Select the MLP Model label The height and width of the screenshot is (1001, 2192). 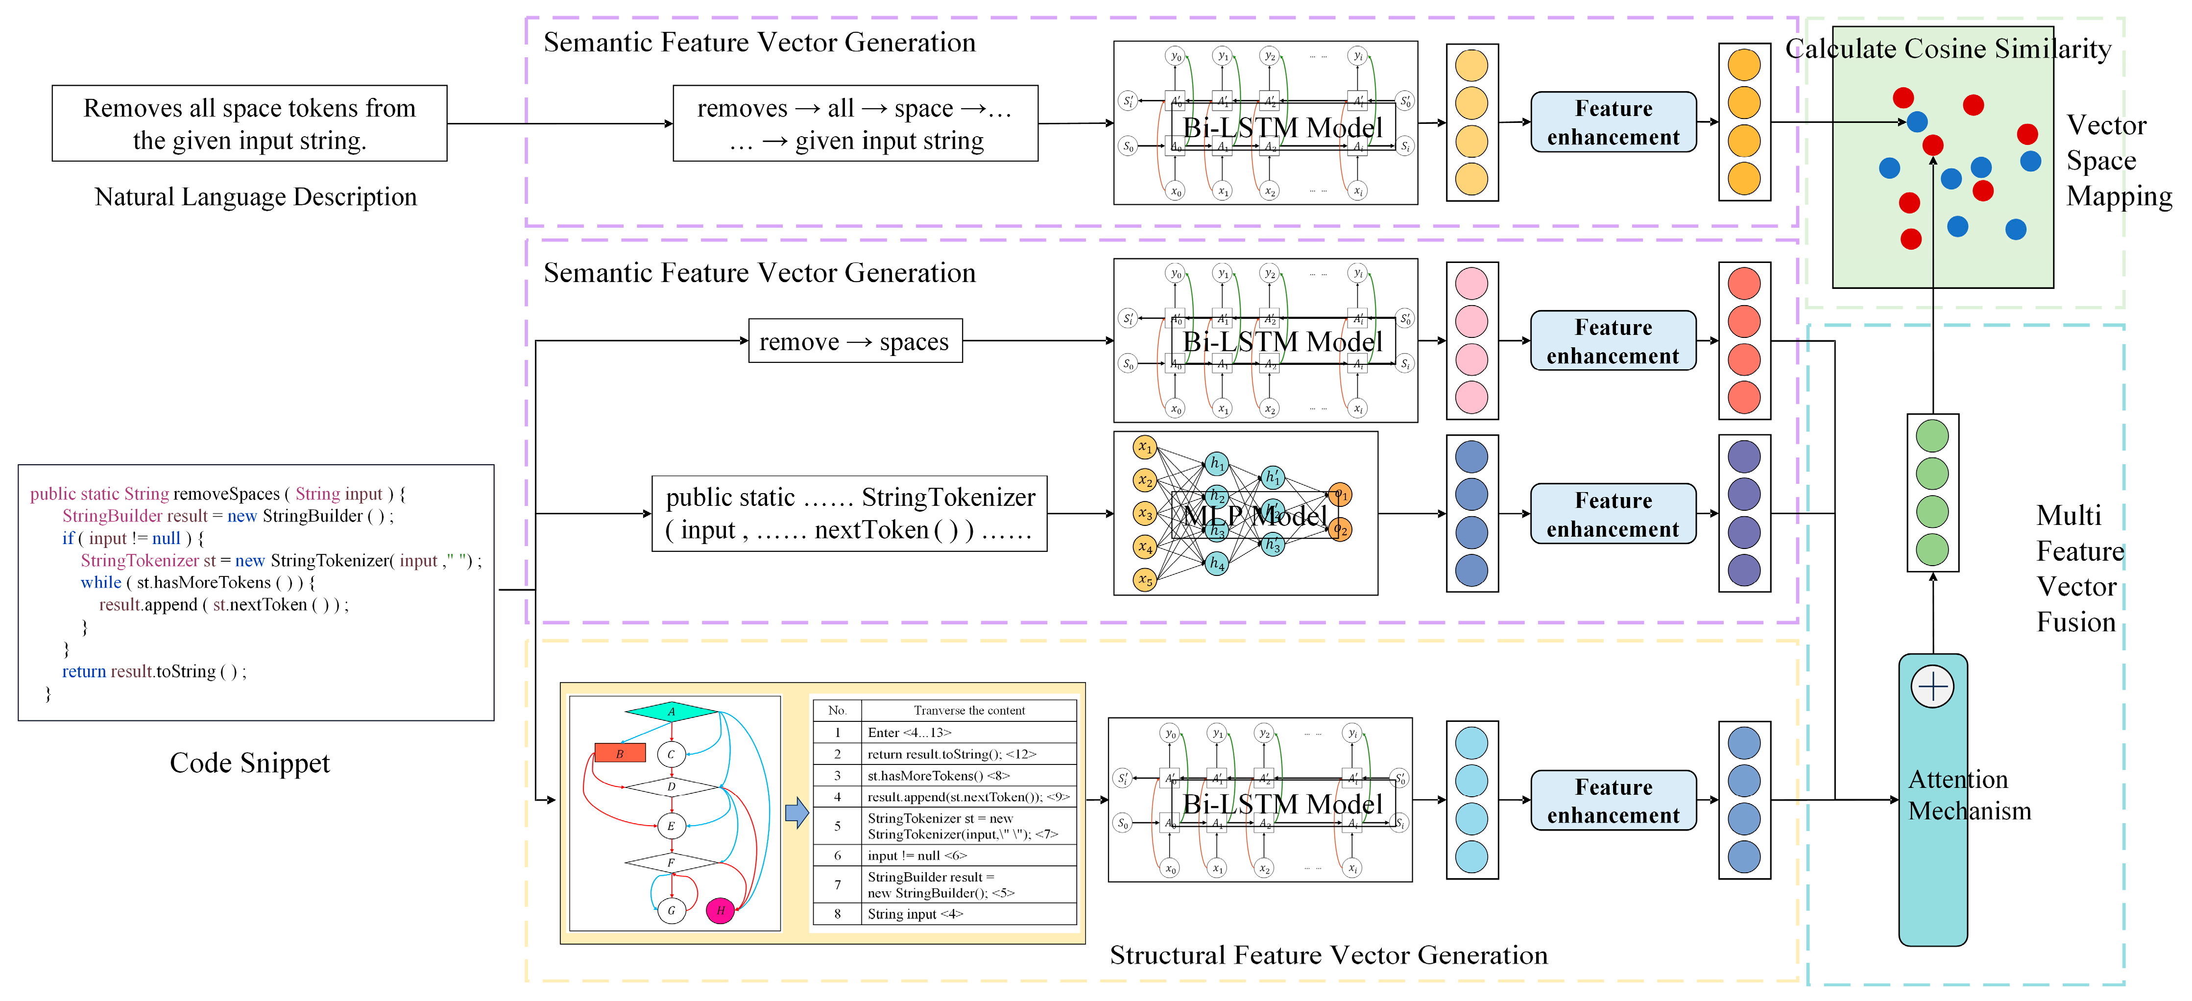click(x=1254, y=515)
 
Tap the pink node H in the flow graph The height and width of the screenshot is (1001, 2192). click(x=720, y=910)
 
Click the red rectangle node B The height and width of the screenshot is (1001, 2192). click(x=620, y=754)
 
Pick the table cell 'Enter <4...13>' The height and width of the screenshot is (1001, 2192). click(x=910, y=732)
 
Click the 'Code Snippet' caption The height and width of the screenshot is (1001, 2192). click(x=249, y=763)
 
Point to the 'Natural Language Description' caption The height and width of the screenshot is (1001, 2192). click(x=255, y=197)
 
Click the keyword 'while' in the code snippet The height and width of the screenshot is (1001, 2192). click(x=100, y=583)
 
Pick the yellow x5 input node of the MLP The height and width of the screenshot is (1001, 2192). click(x=1145, y=580)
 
